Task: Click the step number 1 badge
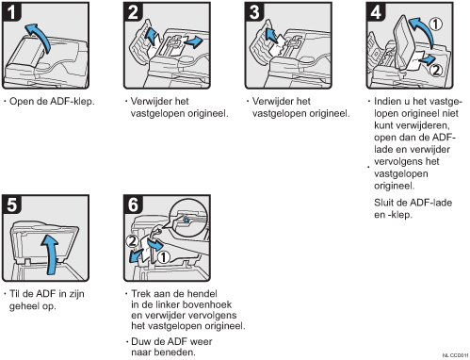(x=12, y=12)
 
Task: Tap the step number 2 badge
(x=133, y=12)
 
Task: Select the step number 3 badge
(x=254, y=12)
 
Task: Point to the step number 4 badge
(x=376, y=12)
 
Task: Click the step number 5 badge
(x=12, y=205)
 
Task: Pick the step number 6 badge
(x=133, y=205)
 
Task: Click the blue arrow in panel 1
(x=41, y=36)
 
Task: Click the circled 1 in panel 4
(x=435, y=25)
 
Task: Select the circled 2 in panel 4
(x=436, y=70)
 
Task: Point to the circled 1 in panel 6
(x=163, y=257)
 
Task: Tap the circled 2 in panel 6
(x=132, y=241)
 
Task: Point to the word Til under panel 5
(x=15, y=294)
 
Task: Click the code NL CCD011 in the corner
(x=456, y=355)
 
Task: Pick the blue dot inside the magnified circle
(x=186, y=221)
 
